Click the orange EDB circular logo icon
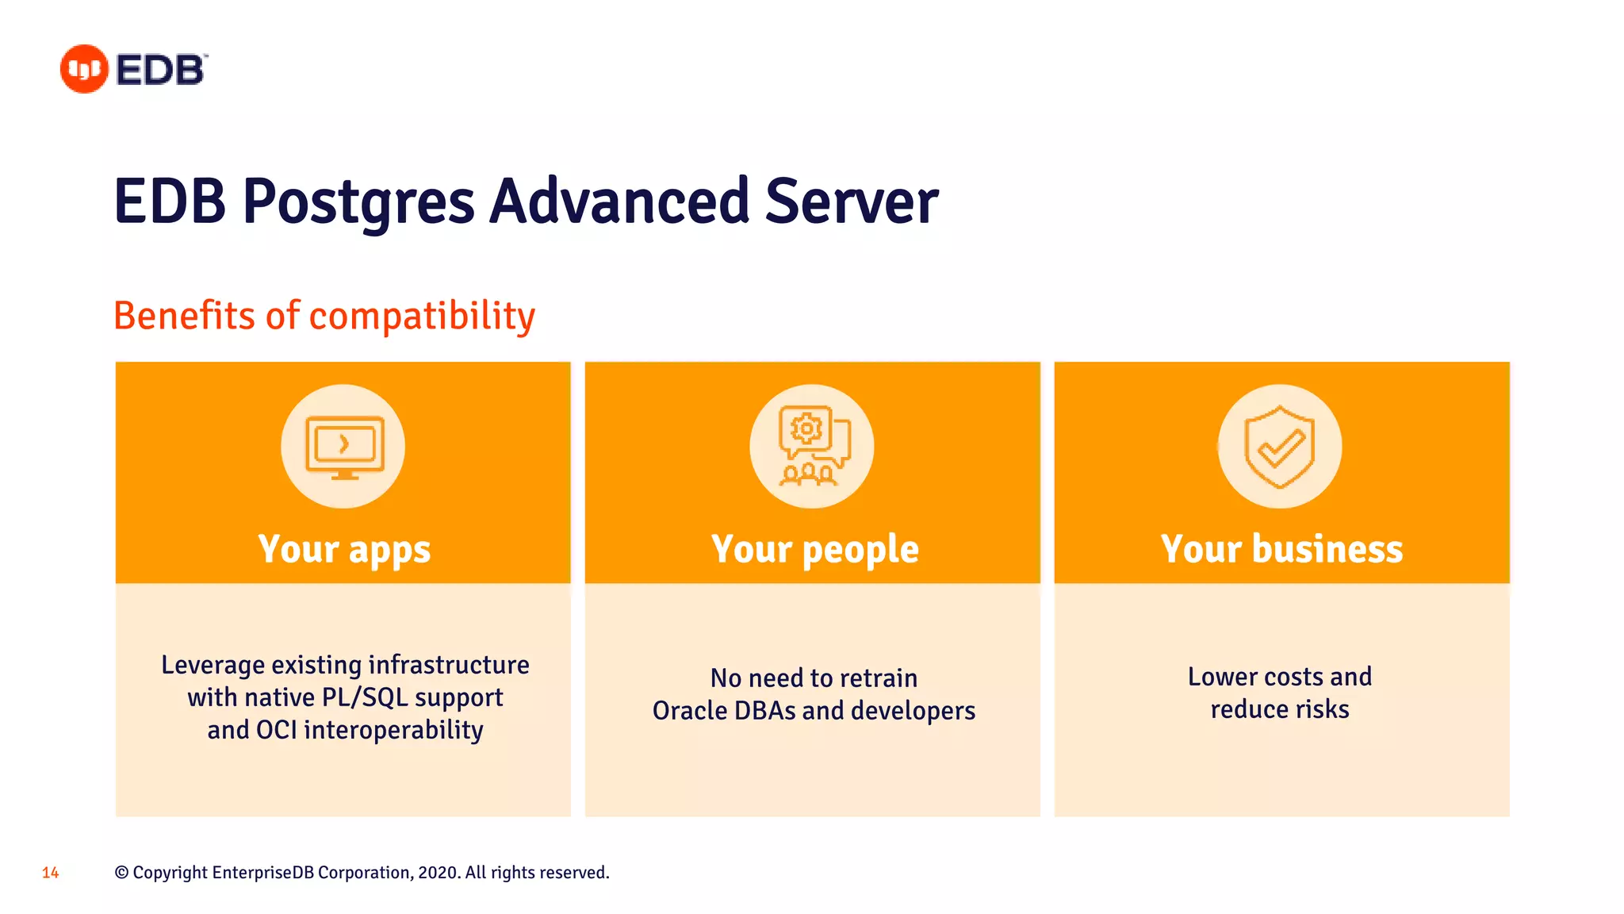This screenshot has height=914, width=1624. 84,69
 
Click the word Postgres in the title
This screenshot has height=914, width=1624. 358,202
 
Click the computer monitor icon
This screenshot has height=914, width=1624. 343,447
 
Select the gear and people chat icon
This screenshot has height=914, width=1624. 812,447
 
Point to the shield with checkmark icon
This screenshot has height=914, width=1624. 1280,447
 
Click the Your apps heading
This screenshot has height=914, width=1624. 343,549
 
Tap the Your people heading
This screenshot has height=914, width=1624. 814,549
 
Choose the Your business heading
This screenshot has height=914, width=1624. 1281,549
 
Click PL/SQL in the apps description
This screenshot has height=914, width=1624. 364,697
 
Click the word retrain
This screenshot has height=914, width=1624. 878,678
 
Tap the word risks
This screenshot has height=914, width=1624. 1322,709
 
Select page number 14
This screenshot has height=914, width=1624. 50,873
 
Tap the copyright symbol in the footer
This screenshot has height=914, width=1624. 121,873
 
